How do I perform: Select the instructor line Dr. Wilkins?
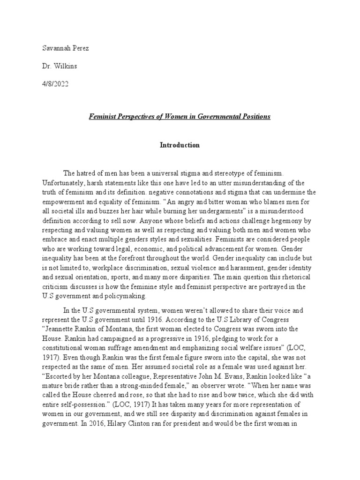pos(60,66)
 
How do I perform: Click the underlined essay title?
pos(180,116)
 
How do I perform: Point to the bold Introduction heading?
pos(180,145)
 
